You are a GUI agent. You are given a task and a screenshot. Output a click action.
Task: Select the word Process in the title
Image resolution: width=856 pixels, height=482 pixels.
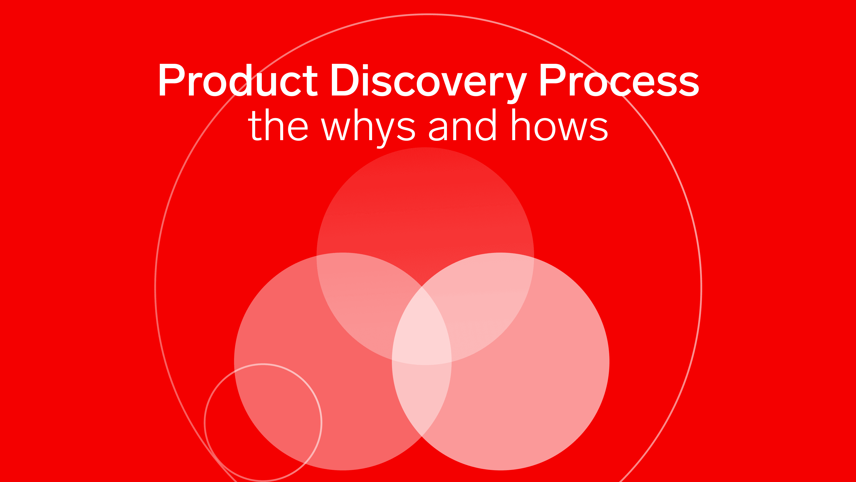tap(620, 80)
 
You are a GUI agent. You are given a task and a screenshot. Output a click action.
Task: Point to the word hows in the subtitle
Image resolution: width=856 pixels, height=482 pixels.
tap(560, 125)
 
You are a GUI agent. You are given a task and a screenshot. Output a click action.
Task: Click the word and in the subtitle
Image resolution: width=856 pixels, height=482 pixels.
tap(463, 125)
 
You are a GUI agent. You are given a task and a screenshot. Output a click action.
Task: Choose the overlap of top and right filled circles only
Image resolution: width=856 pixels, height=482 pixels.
tap(479, 299)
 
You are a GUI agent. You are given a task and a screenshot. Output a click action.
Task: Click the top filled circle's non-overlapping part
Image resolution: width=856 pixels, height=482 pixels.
tap(425, 206)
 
